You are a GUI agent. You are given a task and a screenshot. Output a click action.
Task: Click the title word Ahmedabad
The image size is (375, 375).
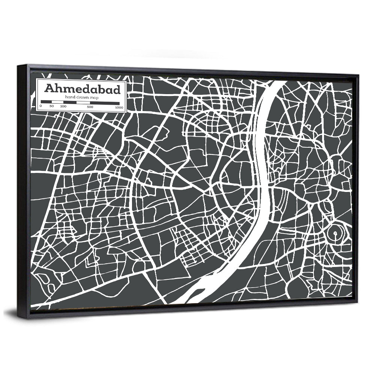82,89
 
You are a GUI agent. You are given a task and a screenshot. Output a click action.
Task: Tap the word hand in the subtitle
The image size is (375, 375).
70,97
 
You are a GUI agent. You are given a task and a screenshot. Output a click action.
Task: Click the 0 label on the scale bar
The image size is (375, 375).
41,107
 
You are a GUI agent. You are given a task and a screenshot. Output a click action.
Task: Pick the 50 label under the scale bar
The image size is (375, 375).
51,107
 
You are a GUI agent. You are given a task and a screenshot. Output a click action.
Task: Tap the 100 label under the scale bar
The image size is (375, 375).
63,107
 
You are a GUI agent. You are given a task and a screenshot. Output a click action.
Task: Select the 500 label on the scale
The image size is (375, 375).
90,107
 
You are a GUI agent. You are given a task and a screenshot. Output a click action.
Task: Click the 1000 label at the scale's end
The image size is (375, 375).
119,107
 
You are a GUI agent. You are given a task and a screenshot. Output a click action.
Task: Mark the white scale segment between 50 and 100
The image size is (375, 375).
57,102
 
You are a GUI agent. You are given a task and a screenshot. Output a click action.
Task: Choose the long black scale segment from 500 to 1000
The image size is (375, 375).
105,102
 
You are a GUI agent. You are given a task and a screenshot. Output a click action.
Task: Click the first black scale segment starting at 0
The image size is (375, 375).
46,102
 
